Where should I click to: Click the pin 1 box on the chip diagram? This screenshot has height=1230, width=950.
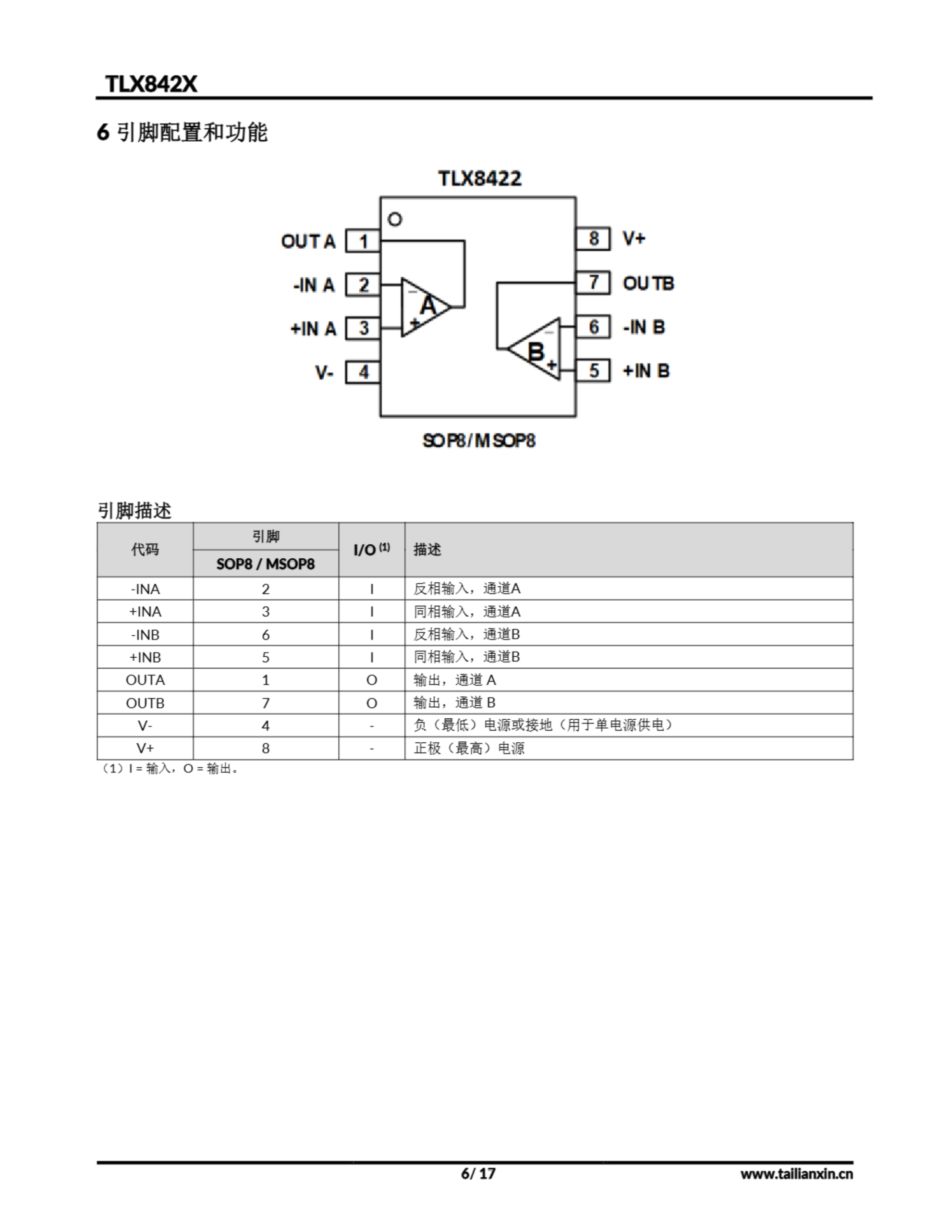(363, 241)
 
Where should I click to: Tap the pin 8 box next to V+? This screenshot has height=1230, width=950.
(593, 238)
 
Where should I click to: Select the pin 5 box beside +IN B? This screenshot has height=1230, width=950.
(593, 370)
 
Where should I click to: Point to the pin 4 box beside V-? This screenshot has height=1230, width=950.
(363, 372)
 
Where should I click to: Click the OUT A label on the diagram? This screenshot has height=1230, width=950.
(308, 241)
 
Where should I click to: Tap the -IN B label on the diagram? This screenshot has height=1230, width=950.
(644, 327)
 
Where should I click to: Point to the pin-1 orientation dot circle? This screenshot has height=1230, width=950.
(395, 219)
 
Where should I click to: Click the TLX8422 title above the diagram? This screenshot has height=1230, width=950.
(480, 179)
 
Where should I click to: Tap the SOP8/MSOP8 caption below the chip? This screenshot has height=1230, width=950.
(479, 441)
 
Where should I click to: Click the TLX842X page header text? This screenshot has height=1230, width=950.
(151, 84)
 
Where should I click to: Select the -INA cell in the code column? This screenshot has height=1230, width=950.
(146, 589)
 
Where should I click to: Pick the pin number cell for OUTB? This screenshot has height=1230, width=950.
(265, 703)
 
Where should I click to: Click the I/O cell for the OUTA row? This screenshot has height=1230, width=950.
(371, 680)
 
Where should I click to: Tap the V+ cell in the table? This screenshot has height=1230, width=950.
(146, 748)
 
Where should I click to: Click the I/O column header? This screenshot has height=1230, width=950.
(371, 549)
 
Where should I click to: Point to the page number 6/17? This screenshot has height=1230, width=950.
(478, 1173)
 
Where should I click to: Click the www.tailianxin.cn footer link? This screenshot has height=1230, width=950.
(796, 1174)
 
